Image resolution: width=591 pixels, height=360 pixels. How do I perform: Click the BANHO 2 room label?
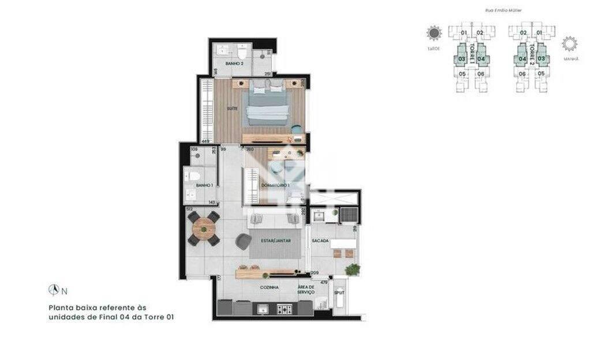click(234, 63)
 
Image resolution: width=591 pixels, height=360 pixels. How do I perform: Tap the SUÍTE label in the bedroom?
click(232, 108)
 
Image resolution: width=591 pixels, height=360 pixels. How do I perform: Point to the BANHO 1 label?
click(204, 185)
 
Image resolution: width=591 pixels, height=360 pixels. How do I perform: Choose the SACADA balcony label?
click(320, 240)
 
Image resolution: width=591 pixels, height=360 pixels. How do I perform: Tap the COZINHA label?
click(270, 287)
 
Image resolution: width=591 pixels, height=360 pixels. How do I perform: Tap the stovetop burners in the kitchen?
click(285, 309)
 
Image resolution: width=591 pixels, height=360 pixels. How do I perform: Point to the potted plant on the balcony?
click(352, 269)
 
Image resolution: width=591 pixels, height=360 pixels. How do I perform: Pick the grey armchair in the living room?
click(244, 242)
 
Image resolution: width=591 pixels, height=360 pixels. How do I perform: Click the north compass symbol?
click(54, 290)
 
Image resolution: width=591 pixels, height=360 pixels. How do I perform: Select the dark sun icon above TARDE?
click(433, 33)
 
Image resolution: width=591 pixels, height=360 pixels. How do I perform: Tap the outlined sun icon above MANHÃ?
click(570, 43)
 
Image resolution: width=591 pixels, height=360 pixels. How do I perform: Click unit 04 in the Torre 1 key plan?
click(481, 58)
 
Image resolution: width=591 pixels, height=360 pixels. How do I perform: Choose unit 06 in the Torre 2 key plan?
click(522, 74)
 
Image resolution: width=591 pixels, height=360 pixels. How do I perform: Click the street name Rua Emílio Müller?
click(500, 10)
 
